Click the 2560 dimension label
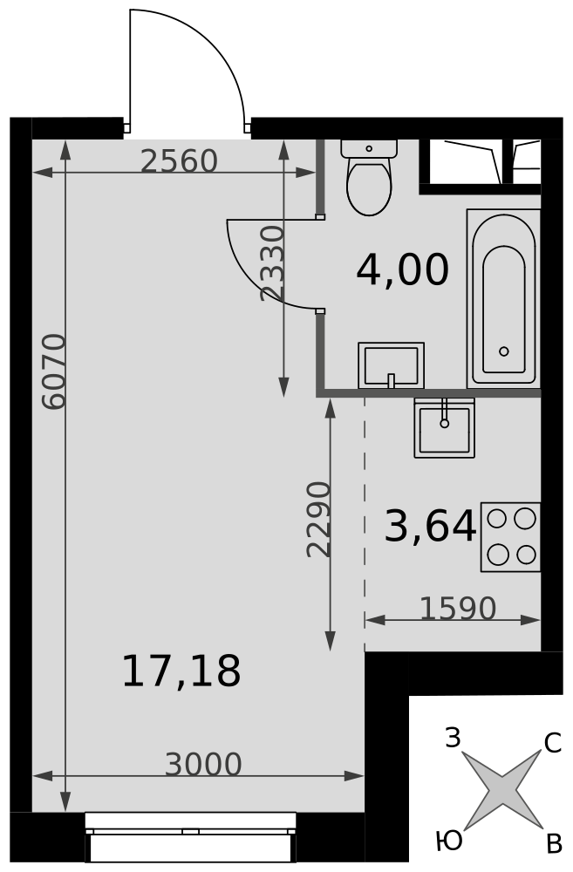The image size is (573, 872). point(179,161)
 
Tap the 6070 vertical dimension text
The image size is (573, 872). point(55,371)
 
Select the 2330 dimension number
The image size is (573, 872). point(273,263)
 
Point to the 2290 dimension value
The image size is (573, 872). point(318,520)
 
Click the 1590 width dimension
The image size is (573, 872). point(457,609)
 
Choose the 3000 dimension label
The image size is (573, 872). point(203,765)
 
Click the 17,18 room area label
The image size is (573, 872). point(181,671)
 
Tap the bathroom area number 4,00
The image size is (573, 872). point(402,269)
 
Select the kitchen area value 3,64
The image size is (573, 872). point(430,526)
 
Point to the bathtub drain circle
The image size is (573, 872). point(504,351)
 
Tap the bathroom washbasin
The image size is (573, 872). point(391,365)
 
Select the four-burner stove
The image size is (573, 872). point(511,537)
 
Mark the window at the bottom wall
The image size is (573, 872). point(191,837)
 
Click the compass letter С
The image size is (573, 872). point(552,743)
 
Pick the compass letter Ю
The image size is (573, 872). point(449,841)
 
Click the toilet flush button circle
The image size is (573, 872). point(369,148)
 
